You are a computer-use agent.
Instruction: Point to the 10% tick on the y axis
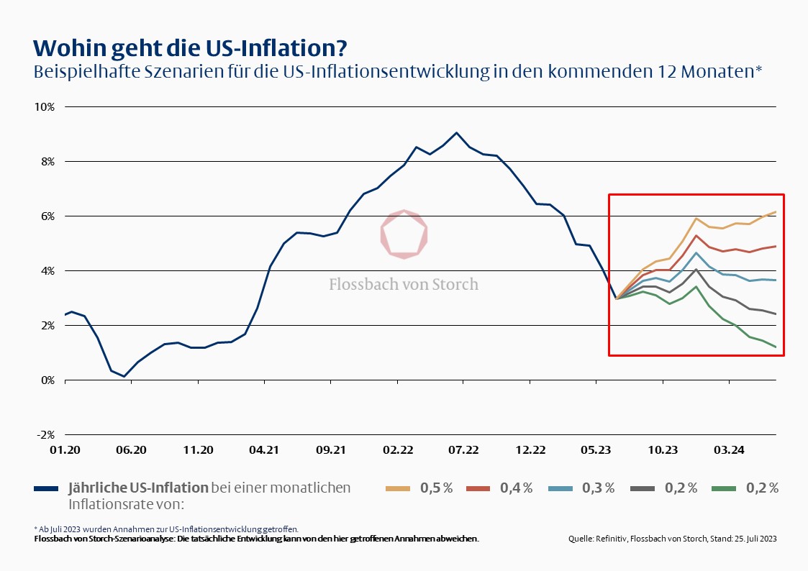coord(45,107)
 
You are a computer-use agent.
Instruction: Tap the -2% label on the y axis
coord(45,435)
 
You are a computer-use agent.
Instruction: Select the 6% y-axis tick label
coord(47,216)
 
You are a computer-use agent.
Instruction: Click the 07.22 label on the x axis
coord(463,450)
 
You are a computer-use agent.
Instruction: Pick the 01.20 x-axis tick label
coord(65,450)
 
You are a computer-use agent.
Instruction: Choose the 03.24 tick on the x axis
coord(729,450)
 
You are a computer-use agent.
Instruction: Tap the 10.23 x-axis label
coord(663,450)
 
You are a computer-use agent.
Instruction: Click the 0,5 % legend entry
coord(437,488)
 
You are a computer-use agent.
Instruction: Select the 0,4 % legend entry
coord(517,488)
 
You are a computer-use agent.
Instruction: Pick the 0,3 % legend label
coord(599,488)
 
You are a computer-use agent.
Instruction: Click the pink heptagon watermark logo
coord(404,234)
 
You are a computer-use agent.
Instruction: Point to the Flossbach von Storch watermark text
coord(404,284)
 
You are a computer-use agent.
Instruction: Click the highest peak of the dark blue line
coord(456,133)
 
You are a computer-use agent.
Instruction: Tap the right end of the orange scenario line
coord(776,212)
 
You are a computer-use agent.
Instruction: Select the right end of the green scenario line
coord(776,347)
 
